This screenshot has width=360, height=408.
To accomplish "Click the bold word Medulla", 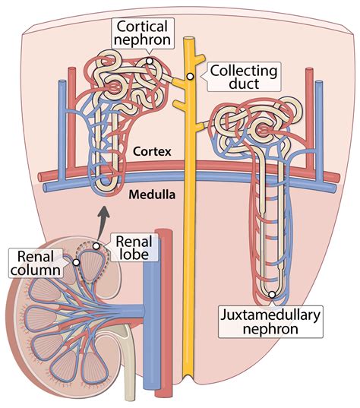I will [x=153, y=195].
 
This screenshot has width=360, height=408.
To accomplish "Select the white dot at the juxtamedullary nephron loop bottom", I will [x=271, y=293].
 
